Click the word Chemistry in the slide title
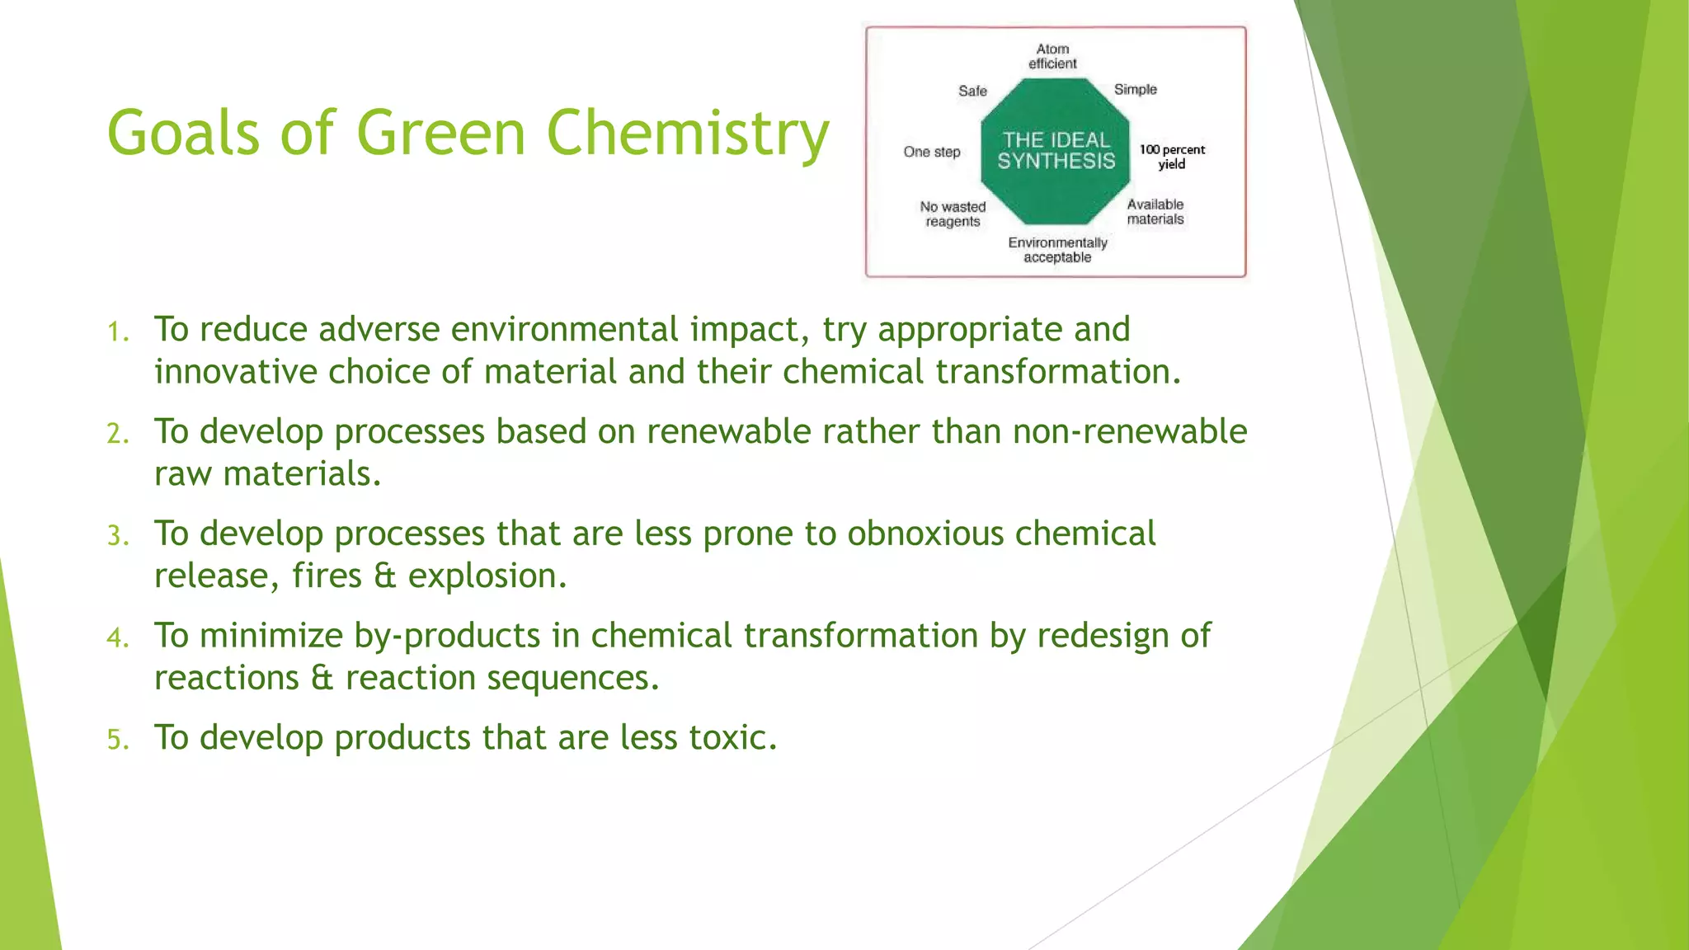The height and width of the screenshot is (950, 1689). [687, 134]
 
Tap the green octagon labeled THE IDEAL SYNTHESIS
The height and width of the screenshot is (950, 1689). [1055, 151]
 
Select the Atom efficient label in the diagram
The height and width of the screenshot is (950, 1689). [1052, 56]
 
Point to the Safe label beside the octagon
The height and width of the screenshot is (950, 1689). [972, 91]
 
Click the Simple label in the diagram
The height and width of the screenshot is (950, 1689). [1135, 89]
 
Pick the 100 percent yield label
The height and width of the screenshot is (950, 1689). [1172, 157]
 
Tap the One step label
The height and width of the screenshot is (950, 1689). [932, 152]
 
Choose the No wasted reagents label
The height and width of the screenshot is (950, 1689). [953, 214]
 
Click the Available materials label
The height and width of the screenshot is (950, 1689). [1155, 212]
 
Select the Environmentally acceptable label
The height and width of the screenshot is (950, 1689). [1057, 250]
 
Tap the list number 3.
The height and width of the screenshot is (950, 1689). [118, 536]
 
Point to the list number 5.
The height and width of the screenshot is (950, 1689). [118, 740]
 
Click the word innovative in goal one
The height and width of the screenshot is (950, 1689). [236, 372]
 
